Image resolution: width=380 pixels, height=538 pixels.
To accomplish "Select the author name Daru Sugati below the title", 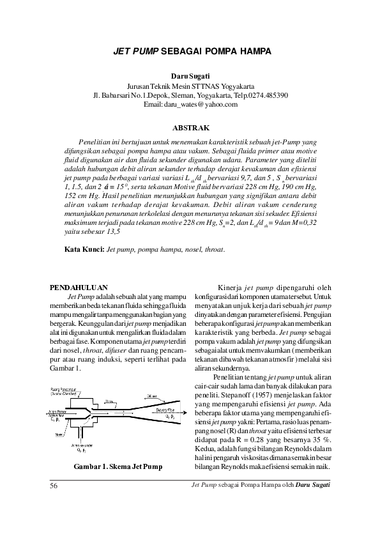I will [x=190, y=76].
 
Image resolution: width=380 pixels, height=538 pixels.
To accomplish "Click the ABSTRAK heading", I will [x=190, y=128].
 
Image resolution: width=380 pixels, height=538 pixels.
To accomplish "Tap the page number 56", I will [x=54, y=486].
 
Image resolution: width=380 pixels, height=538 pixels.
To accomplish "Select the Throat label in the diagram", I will [x=110, y=401].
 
